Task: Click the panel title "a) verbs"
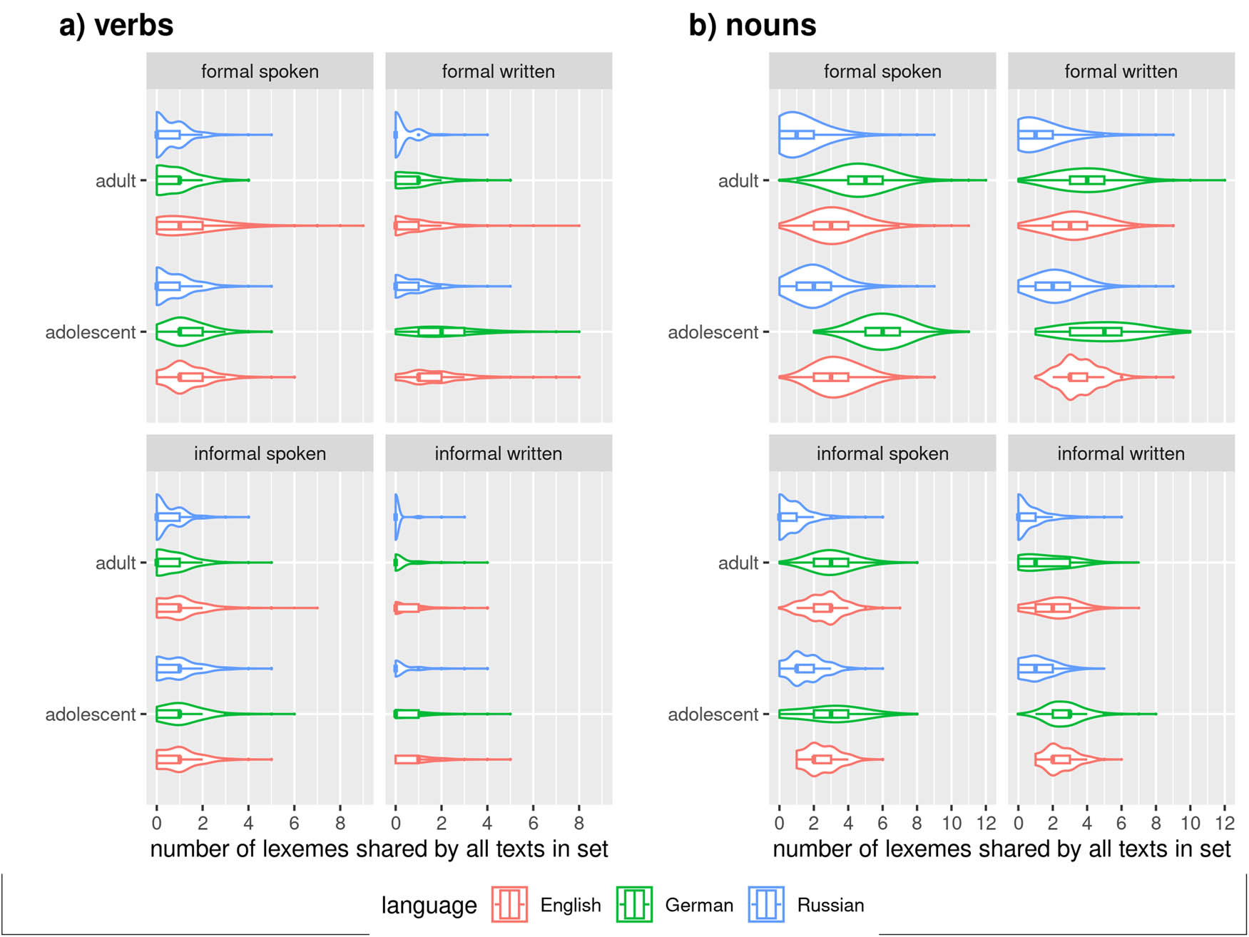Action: tap(116, 26)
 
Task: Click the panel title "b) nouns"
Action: tap(752, 26)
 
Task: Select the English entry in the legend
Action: tap(547, 905)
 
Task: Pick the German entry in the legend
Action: tap(675, 905)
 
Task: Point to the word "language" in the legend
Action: tap(429, 905)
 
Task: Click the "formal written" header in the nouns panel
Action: tap(1121, 71)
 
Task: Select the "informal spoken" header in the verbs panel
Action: tap(260, 454)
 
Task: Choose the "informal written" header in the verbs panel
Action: tap(498, 454)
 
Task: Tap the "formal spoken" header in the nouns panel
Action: tap(882, 71)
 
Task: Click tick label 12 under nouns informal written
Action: tap(1225, 824)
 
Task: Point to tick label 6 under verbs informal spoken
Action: tap(294, 824)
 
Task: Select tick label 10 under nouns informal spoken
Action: tap(952, 824)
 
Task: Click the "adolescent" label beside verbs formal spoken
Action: tap(91, 332)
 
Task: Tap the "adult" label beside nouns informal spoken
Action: tap(738, 563)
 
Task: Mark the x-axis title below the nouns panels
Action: tap(1001, 849)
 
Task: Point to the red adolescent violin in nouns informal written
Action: tap(1059, 759)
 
